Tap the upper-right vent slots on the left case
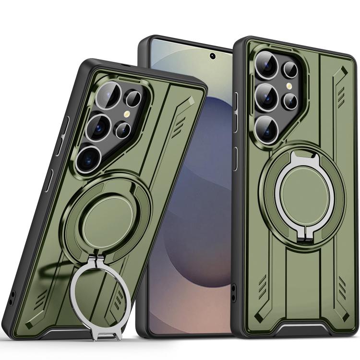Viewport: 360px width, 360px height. [177, 128]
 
